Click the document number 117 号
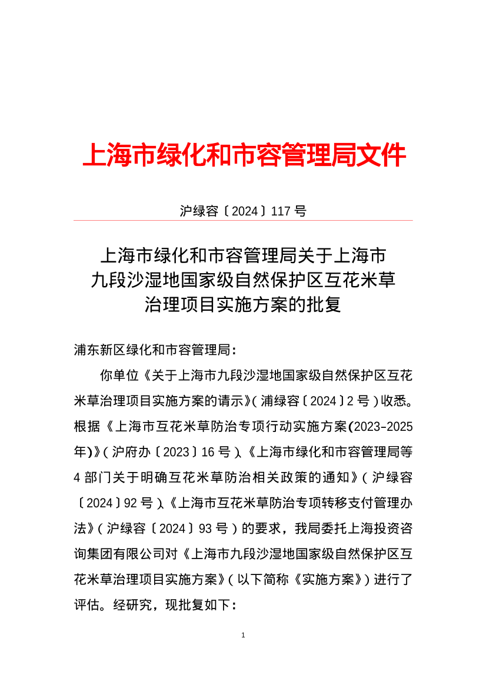point(288,211)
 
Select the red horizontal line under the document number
point(243,221)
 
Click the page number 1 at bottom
point(243,636)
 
